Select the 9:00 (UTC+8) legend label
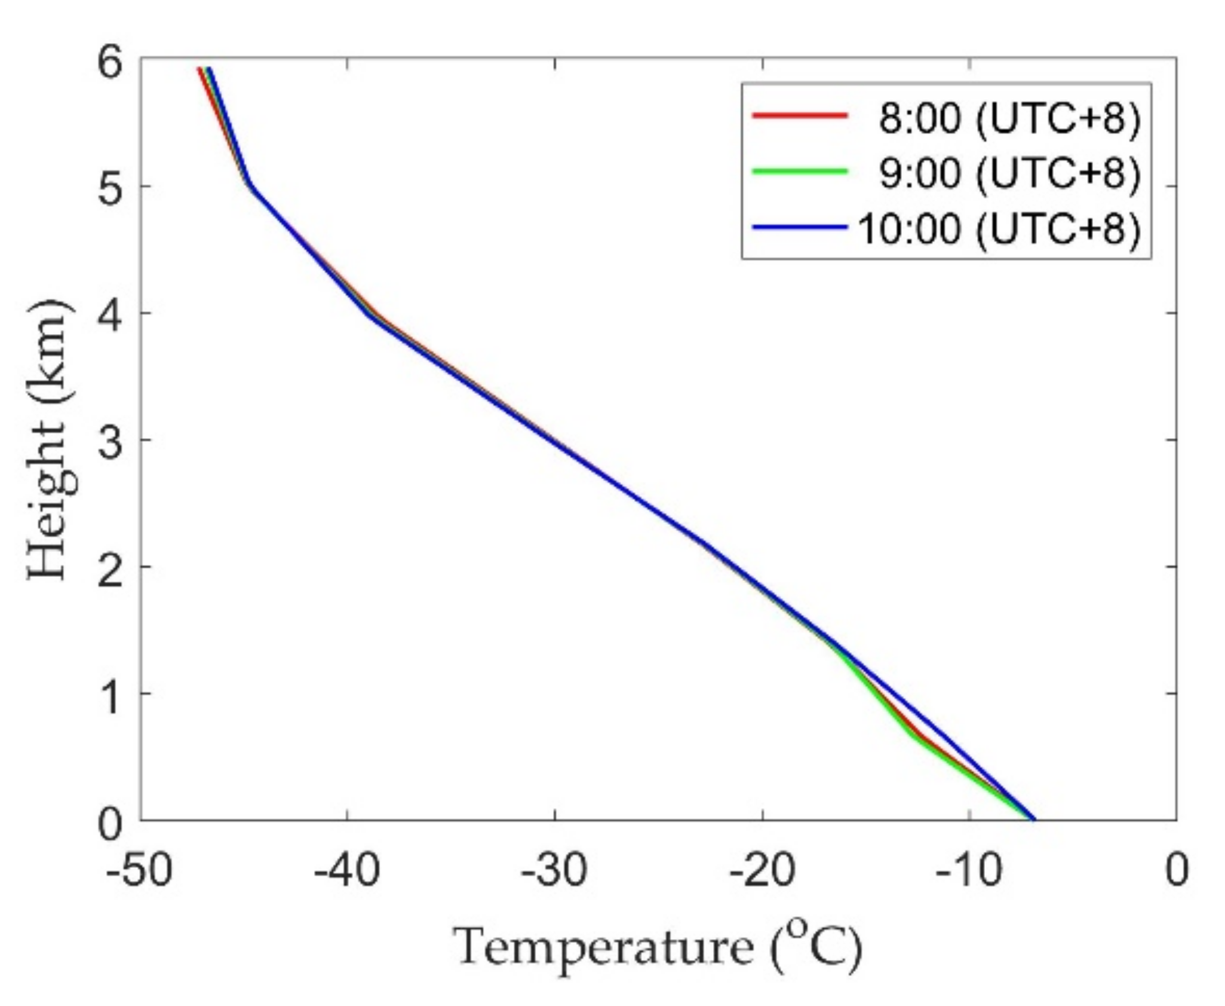click(x=1009, y=173)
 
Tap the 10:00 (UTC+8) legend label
click(x=999, y=228)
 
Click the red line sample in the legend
click(x=800, y=115)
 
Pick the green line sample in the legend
click(x=800, y=171)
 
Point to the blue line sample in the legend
click(x=800, y=227)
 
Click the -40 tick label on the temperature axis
click(x=347, y=871)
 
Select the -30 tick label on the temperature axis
click(x=554, y=871)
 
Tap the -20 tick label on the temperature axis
click(x=762, y=871)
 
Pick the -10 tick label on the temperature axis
click(x=969, y=871)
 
